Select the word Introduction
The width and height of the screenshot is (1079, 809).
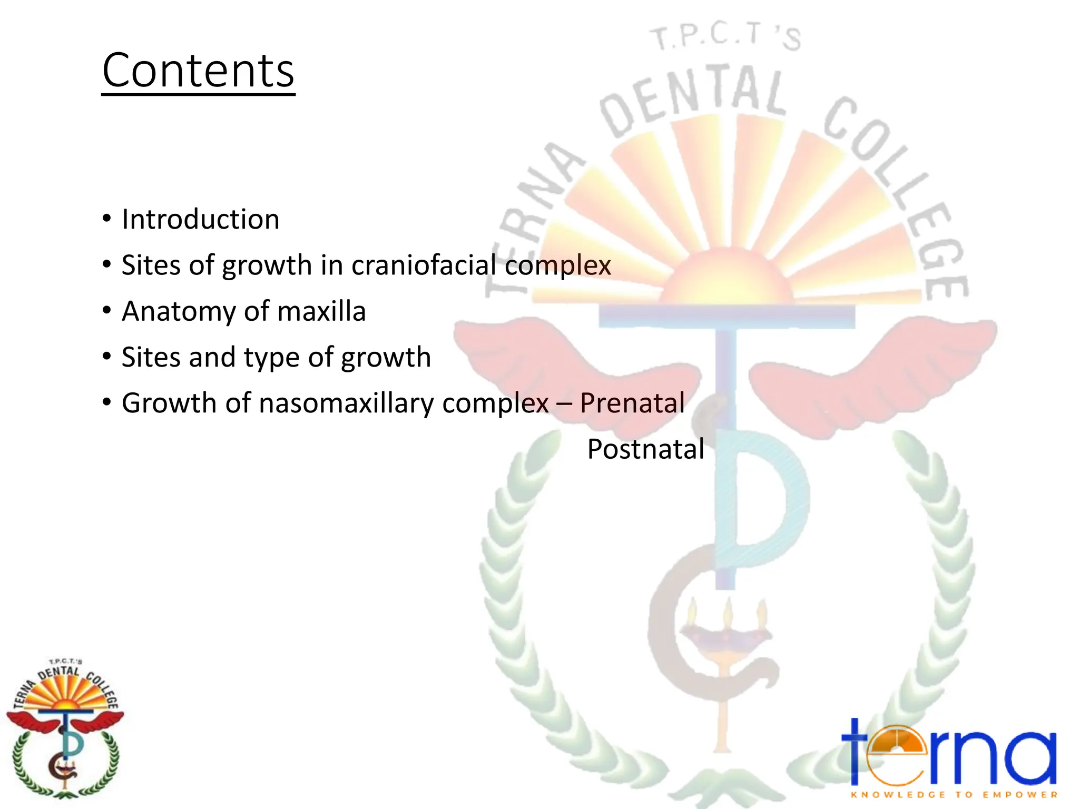click(200, 219)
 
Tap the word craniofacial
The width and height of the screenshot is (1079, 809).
click(424, 265)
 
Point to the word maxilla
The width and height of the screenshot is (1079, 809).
click(321, 311)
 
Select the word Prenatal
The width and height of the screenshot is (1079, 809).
click(632, 403)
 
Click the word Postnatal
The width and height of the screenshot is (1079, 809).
click(645, 449)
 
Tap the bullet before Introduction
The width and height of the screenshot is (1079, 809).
click(107, 219)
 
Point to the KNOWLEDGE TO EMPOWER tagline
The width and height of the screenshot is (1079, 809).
click(954, 795)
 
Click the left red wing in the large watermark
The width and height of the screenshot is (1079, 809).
click(569, 363)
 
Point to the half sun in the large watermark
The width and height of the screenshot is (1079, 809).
click(727, 277)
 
